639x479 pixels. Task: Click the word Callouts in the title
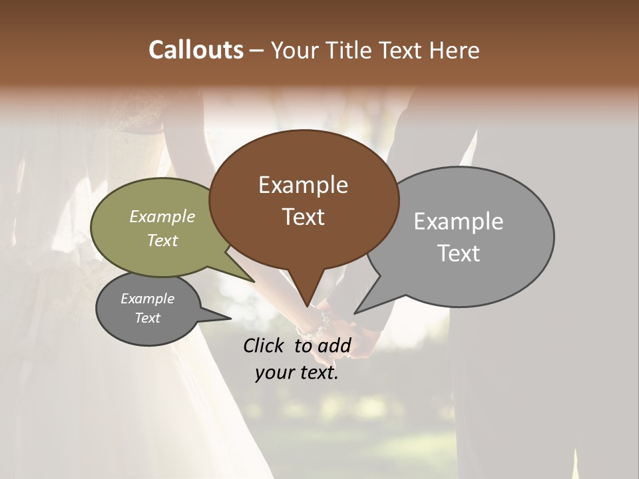tap(196, 50)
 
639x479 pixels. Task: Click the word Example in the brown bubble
tap(303, 185)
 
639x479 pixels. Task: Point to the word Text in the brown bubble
tap(303, 217)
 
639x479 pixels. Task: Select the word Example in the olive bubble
tap(162, 216)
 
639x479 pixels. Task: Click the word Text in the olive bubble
tap(162, 240)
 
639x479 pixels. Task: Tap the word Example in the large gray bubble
tap(458, 222)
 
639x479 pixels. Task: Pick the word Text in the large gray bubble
tap(458, 253)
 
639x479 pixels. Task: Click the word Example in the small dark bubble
tap(147, 299)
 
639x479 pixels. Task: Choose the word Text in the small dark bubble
tap(147, 318)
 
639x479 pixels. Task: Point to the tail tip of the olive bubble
tap(254, 281)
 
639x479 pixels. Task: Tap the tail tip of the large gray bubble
tap(355, 312)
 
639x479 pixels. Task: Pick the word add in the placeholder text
tap(335, 345)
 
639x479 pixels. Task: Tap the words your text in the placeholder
tap(297, 373)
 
